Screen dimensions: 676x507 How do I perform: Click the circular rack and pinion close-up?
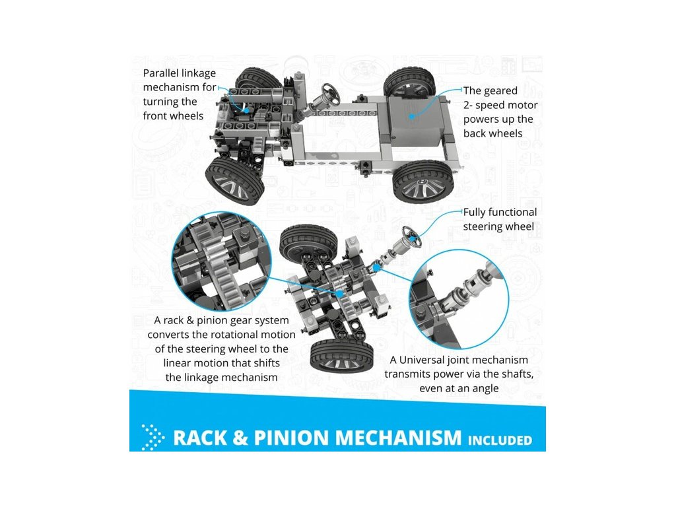(x=222, y=261)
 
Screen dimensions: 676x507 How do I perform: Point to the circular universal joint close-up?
(x=459, y=299)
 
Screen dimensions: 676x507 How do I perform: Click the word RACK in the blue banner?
(x=200, y=438)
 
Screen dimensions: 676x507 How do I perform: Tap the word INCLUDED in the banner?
(x=500, y=440)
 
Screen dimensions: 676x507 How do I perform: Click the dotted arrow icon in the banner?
(x=152, y=437)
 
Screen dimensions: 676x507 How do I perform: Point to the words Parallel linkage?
(x=180, y=73)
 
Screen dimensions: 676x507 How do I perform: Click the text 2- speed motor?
(x=500, y=105)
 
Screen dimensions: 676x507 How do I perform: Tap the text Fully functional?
(x=500, y=212)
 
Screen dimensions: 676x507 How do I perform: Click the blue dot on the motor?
(x=412, y=116)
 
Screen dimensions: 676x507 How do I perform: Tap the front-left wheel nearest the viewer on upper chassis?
(x=235, y=180)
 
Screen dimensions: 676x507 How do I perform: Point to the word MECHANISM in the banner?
(x=399, y=438)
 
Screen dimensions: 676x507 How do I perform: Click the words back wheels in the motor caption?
(x=492, y=133)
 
